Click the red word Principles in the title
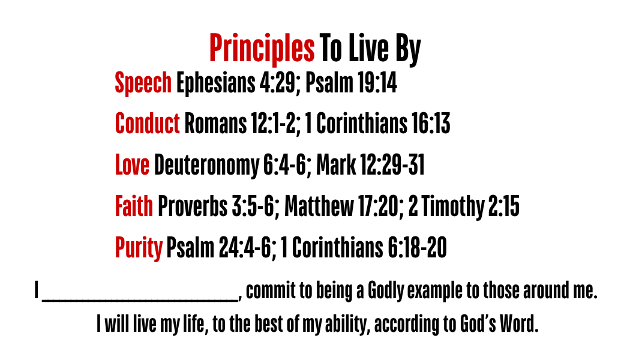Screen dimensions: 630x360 click(x=262, y=49)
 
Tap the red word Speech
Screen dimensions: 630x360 click(x=143, y=83)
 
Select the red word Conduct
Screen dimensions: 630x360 click(x=147, y=123)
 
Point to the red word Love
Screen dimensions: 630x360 click(x=132, y=165)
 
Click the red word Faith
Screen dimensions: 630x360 click(x=134, y=206)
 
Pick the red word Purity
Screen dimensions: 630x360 click(x=139, y=248)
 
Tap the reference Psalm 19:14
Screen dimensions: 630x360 click(x=352, y=83)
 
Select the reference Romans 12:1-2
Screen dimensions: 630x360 click(x=241, y=124)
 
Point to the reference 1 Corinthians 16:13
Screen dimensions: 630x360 click(x=377, y=124)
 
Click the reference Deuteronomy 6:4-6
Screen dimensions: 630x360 click(x=230, y=166)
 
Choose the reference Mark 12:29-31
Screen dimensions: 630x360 click(x=370, y=165)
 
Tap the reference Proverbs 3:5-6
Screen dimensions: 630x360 click(x=217, y=206)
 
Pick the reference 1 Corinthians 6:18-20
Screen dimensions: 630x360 click(x=364, y=247)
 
